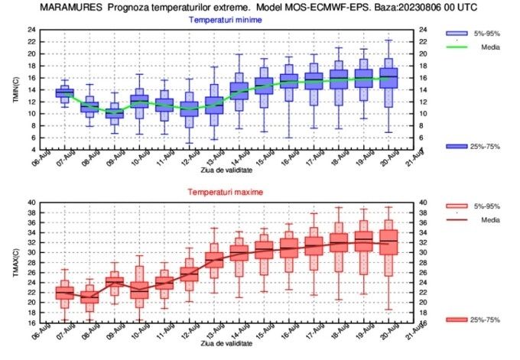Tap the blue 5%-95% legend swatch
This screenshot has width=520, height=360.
tap(457, 33)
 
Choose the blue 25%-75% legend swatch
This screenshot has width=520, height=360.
tap(457, 145)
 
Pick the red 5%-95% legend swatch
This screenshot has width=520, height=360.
tap(457, 206)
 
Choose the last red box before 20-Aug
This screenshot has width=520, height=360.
tap(388, 242)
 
